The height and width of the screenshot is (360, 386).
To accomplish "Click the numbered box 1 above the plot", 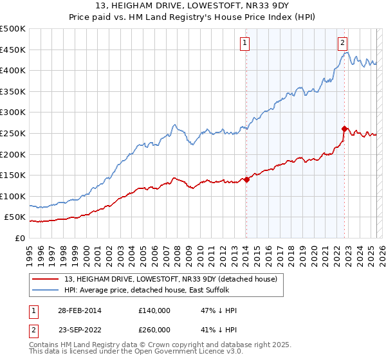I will point(246,43).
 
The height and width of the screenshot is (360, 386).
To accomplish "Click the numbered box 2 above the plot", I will point(343,43).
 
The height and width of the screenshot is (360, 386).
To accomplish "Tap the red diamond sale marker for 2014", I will point(246,179).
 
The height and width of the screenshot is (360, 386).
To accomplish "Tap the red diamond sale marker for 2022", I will point(345,129).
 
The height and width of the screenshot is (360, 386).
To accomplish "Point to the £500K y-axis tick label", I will point(13,29).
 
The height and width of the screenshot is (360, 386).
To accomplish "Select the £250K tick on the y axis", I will point(13,133).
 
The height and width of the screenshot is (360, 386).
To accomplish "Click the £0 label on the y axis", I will point(19,238).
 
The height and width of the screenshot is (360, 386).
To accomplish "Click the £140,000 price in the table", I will point(154,310).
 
